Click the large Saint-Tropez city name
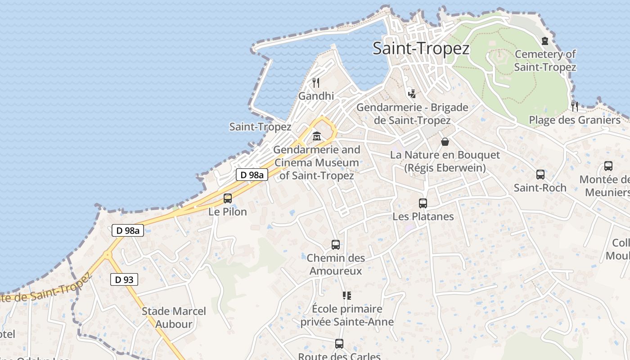click(x=421, y=49)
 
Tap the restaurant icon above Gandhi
click(x=316, y=82)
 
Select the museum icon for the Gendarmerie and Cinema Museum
click(x=317, y=136)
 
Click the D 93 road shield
click(x=124, y=279)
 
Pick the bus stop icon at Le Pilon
click(x=228, y=198)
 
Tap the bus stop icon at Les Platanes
click(x=423, y=203)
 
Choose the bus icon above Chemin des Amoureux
click(x=335, y=245)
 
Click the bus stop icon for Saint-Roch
click(x=540, y=175)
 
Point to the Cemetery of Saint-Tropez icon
click(x=545, y=41)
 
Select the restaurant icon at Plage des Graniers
click(x=575, y=107)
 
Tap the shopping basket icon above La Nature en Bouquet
click(x=445, y=142)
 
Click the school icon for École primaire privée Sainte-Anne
click(x=346, y=296)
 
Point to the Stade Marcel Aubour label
click(x=174, y=317)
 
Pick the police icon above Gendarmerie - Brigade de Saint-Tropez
click(x=412, y=94)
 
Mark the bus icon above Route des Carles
click(x=339, y=344)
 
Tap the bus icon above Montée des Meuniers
click(x=608, y=166)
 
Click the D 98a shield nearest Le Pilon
click(x=252, y=175)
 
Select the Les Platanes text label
click(x=423, y=216)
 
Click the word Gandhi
click(x=316, y=96)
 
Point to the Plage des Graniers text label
click(x=574, y=120)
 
